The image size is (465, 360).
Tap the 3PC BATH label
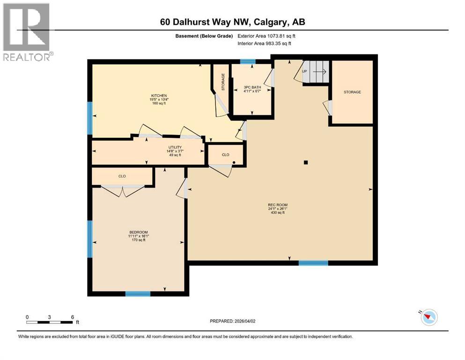coord(252,87)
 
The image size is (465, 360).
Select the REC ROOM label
coord(277,205)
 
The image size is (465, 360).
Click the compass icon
coord(428,317)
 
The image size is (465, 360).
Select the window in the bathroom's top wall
coord(248,61)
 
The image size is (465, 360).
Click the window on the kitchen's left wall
coord(90,118)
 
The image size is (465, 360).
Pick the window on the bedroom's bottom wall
coord(138,294)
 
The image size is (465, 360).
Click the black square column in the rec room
coord(305,163)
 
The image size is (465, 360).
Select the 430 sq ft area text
coord(277,213)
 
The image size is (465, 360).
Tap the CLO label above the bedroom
coord(122,176)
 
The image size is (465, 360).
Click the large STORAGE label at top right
coord(352,92)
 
